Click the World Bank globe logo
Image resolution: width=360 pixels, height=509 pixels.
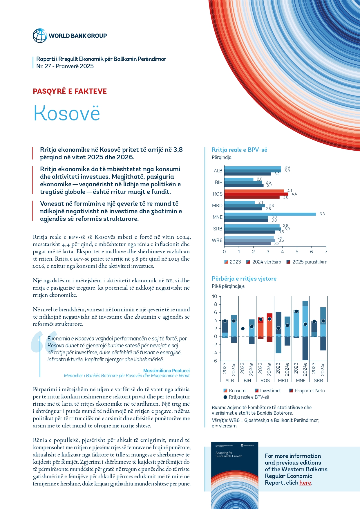pyautogui.click(x=40, y=36)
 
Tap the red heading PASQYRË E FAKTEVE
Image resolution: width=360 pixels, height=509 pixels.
pyautogui.click(x=70, y=91)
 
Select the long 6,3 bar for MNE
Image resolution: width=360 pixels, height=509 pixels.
pyautogui.click(x=270, y=214)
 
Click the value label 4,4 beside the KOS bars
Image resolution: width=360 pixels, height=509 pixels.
pyautogui.click(x=294, y=194)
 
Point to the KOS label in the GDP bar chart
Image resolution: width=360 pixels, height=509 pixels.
pyautogui.click(x=218, y=194)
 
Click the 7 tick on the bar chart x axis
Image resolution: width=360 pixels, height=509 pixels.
pyautogui.click(x=326, y=252)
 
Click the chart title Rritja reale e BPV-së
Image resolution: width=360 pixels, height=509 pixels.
pyautogui.click(x=239, y=150)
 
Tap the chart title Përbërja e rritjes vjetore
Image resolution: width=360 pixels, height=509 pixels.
pyautogui.click(x=244, y=279)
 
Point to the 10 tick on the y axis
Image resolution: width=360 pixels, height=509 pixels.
pyautogui.click(x=215, y=296)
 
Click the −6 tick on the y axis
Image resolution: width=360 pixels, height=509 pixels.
pyautogui.click(x=214, y=361)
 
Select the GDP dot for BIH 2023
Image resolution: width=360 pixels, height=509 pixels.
pyautogui.click(x=243, y=329)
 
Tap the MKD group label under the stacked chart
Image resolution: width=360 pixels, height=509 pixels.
pyautogui.click(x=283, y=380)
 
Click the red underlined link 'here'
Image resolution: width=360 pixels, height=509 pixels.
pyautogui.click(x=305, y=483)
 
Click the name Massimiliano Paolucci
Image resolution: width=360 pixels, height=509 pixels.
pyautogui.click(x=167, y=371)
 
